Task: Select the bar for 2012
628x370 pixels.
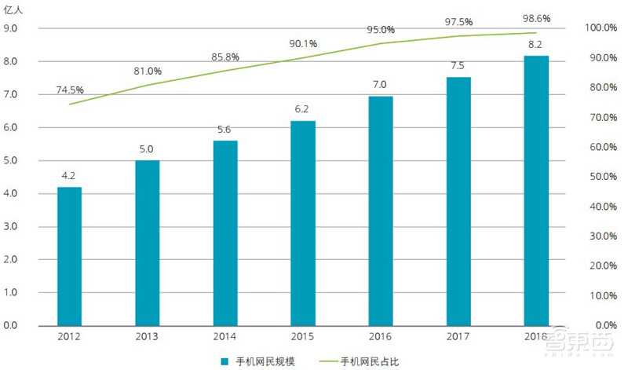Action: pos(69,255)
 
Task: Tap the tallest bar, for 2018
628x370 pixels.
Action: pos(535,190)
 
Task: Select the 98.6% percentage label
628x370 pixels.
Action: pos(535,17)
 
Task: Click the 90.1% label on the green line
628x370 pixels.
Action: pos(303,43)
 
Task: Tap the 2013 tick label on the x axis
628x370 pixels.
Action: pos(146,337)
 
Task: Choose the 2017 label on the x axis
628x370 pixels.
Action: pos(458,337)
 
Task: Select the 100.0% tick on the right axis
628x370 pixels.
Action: pos(601,28)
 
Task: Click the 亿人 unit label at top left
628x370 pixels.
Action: pos(16,10)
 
